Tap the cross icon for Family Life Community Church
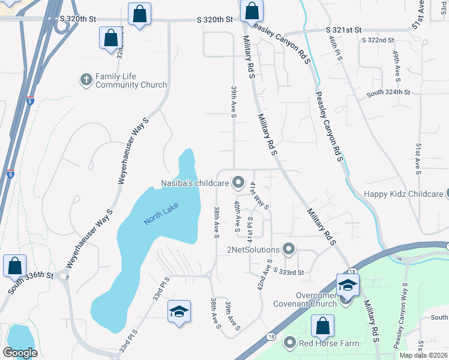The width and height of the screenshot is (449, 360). (86, 79)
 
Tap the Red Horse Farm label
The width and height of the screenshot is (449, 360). (330, 343)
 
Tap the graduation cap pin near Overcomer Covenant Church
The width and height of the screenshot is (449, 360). (348, 285)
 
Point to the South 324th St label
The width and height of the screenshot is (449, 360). (388, 93)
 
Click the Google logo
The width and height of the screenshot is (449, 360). (20, 352)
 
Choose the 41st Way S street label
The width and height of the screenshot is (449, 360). (259, 195)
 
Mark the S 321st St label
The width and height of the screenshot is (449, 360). (344, 29)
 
